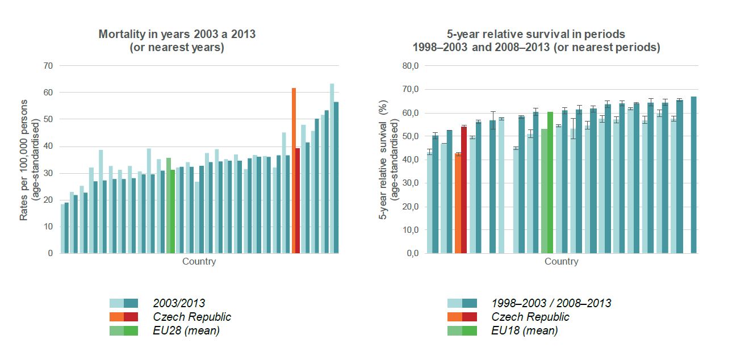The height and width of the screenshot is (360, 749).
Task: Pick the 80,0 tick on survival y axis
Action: pos(410,66)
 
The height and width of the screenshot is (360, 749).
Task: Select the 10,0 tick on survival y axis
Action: pos(410,230)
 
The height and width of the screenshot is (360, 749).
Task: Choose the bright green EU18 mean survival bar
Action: pos(550,182)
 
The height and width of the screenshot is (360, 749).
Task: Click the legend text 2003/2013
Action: pos(179,303)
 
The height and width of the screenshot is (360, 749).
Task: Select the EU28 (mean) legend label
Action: pos(186,331)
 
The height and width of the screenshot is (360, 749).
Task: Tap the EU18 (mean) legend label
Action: pos(524,331)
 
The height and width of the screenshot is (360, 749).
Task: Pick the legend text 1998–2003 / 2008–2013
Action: pos(551,303)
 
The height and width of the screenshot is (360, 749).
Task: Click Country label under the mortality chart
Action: pos(199,262)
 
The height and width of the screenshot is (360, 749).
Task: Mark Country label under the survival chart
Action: pos(561,262)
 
